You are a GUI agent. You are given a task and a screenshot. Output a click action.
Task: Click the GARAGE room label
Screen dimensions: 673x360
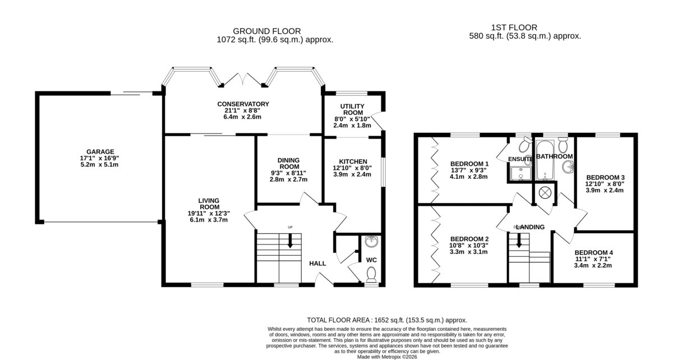(100, 152)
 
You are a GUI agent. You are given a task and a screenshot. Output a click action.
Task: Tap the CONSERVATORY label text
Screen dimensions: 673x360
(243, 104)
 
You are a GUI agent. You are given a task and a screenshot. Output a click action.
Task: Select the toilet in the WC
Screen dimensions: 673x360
(371, 274)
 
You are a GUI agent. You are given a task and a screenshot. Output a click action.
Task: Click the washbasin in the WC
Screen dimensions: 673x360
(372, 241)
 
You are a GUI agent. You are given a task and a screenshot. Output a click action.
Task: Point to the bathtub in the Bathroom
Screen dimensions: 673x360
(545, 160)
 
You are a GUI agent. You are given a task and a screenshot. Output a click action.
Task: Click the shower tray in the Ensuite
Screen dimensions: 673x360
(520, 173)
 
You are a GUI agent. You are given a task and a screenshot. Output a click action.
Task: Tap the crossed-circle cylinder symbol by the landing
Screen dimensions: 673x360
(545, 193)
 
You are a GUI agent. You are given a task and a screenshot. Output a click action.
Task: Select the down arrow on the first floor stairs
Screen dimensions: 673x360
(519, 240)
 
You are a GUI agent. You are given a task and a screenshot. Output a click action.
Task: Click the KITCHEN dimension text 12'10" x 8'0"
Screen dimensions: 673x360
(352, 168)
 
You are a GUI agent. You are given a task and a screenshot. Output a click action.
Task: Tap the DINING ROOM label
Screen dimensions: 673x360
(288, 164)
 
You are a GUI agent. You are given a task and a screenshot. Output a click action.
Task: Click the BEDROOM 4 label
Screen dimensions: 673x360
(594, 253)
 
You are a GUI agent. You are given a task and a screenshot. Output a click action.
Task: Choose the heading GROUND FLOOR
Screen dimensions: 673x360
(267, 31)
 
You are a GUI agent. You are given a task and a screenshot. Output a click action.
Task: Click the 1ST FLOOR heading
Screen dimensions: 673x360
(514, 27)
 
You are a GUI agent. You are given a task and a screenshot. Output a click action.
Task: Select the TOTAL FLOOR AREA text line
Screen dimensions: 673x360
(387, 320)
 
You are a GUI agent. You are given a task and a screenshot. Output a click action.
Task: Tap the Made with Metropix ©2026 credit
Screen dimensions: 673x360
(387, 357)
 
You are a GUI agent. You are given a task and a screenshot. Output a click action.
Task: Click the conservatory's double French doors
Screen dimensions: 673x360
(243, 79)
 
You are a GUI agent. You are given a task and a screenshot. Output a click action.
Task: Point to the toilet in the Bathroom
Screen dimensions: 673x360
(563, 145)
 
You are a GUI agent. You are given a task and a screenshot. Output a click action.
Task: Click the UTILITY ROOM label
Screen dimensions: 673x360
(352, 109)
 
